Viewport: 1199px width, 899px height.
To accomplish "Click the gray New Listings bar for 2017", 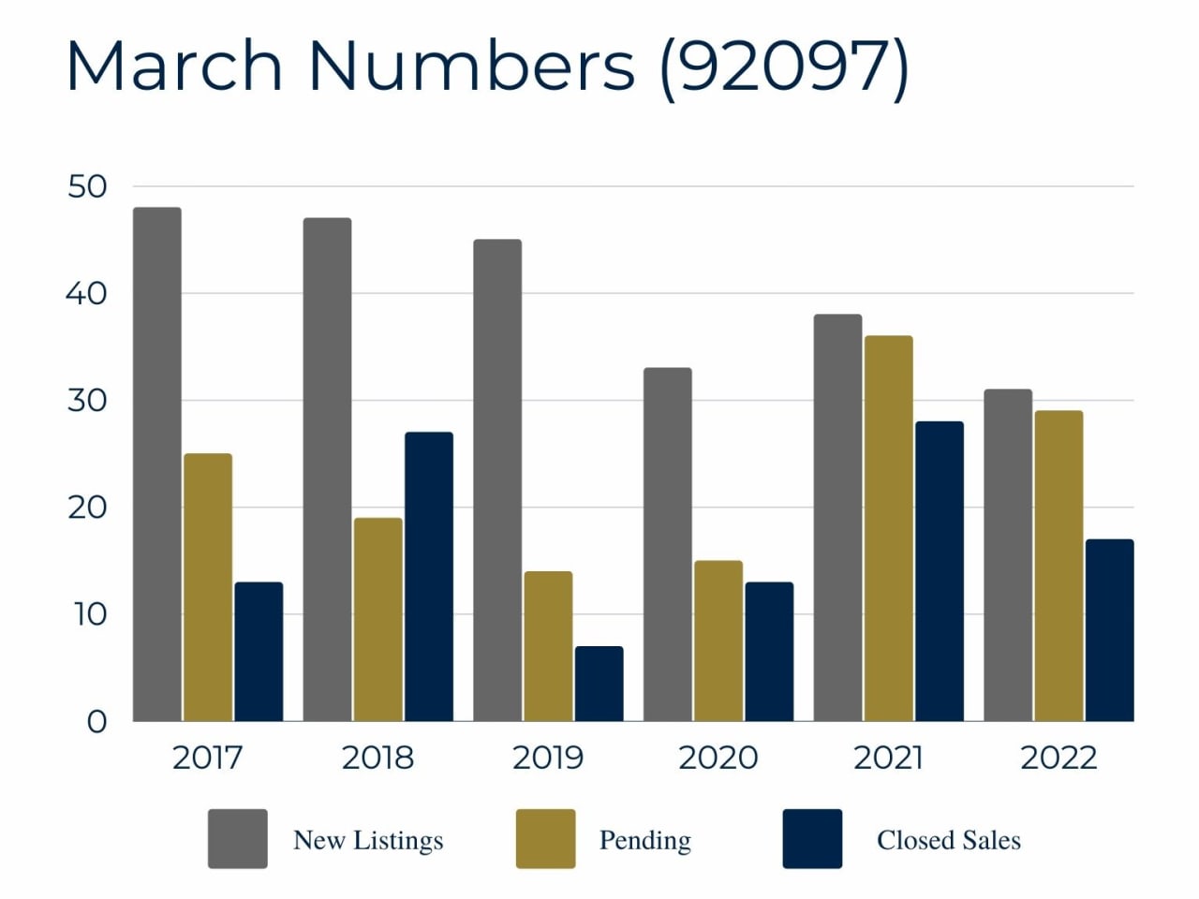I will (157, 464).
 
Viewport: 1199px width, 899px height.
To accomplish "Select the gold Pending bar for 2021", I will (888, 528).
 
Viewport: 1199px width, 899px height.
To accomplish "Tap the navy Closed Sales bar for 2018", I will (429, 577).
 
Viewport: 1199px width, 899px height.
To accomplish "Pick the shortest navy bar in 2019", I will (599, 684).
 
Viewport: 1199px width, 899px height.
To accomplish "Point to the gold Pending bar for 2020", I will (718, 641).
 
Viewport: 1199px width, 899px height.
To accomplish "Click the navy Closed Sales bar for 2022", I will (1109, 630).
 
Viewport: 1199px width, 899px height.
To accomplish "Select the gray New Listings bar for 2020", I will (668, 544).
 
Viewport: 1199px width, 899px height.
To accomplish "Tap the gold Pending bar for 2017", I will (208, 587).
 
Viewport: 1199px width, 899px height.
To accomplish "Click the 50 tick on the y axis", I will (87, 186).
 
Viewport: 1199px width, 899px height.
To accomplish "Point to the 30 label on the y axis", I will (87, 401).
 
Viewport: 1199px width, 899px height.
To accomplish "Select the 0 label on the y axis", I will (96, 722).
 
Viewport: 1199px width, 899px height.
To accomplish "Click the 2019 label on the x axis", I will (547, 758).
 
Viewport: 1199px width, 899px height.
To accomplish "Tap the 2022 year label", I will (1058, 758).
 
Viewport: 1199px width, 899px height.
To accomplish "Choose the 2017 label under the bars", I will (207, 758).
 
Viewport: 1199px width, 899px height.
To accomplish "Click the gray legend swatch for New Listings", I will (237, 839).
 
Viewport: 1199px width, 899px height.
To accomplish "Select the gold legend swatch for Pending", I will (545, 839).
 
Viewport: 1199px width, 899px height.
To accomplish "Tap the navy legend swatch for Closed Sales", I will (812, 839).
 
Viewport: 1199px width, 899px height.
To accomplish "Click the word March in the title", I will (174, 66).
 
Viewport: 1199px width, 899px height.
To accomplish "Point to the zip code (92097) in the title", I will (783, 67).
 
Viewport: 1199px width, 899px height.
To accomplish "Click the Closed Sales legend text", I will (948, 840).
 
